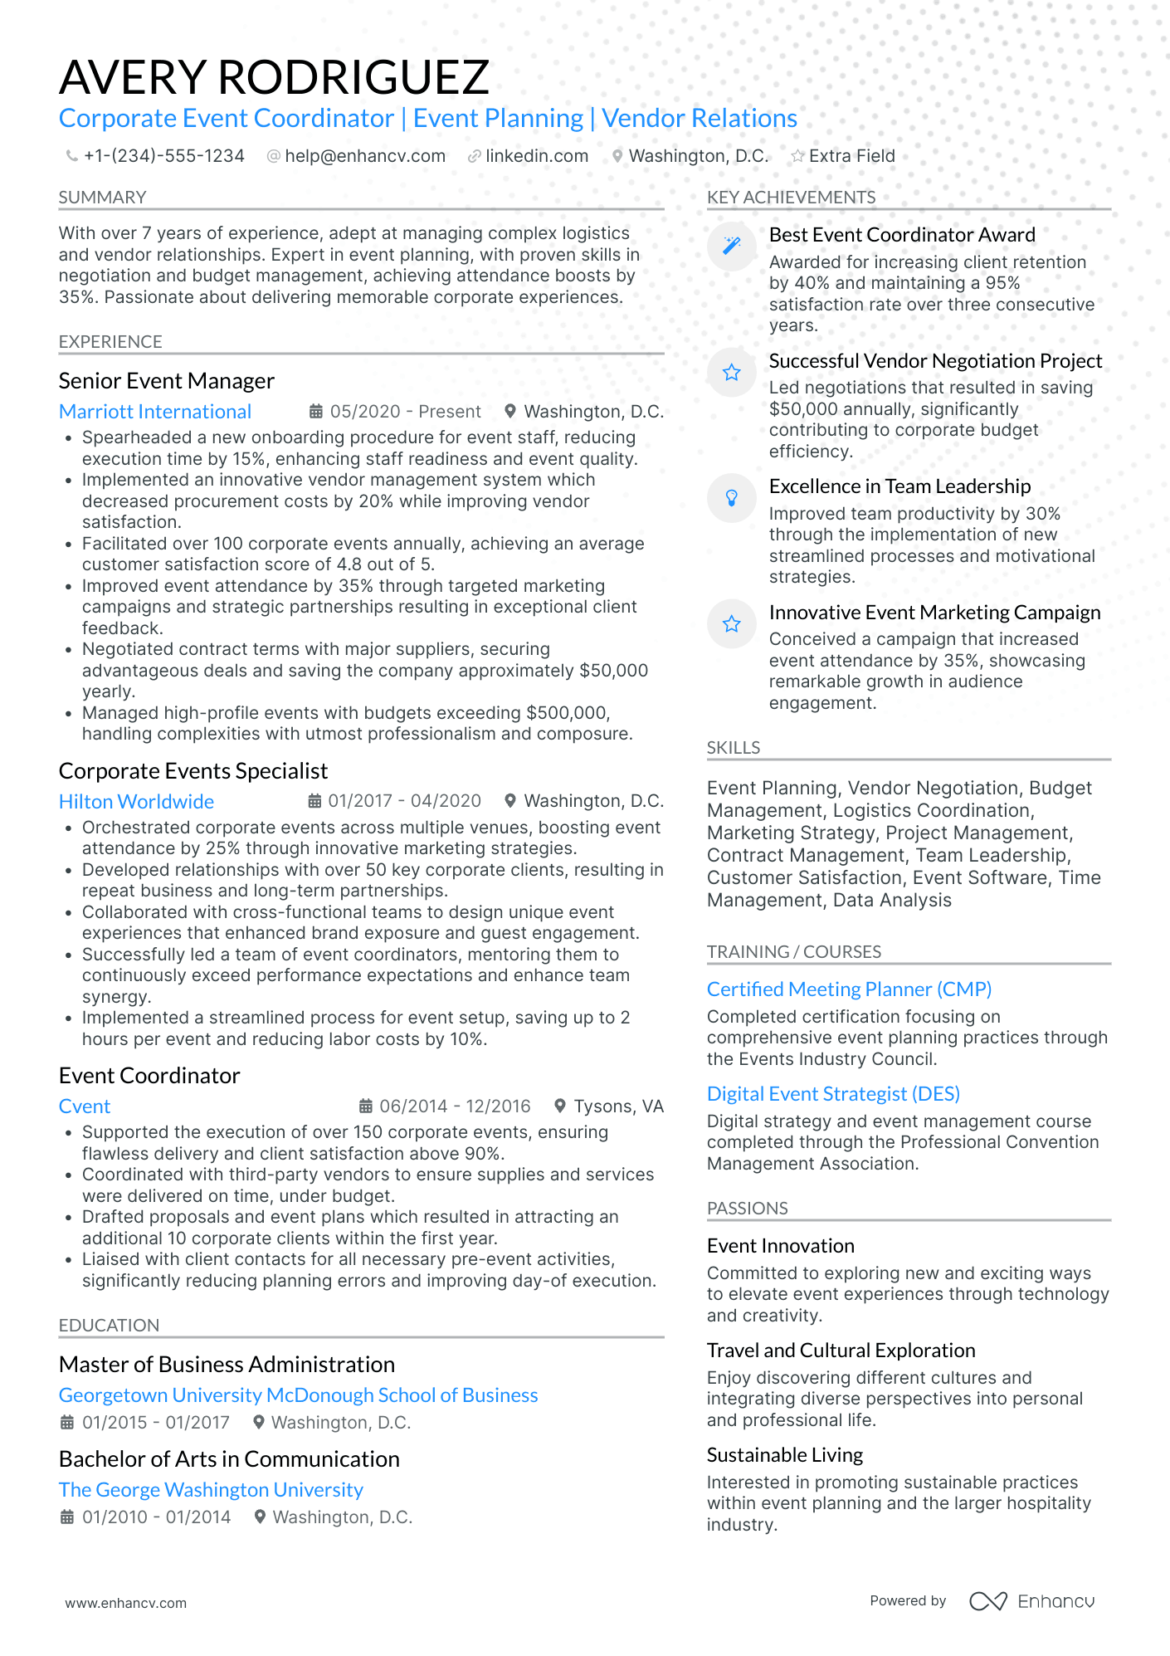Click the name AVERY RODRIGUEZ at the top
click(x=274, y=77)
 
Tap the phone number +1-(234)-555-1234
click(x=163, y=156)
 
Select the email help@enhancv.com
click(x=364, y=156)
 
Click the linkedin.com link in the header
click(x=536, y=156)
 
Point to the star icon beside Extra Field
click(x=797, y=156)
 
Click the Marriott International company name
click(x=155, y=412)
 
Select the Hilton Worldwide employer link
click(x=136, y=802)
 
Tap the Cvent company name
click(x=85, y=1106)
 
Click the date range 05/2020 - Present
click(x=405, y=412)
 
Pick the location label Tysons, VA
click(x=618, y=1106)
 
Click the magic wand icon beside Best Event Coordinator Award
click(x=731, y=246)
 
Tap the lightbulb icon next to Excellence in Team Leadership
click(x=731, y=498)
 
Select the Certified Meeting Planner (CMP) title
click(x=849, y=989)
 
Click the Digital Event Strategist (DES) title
click(x=833, y=1094)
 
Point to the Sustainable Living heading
click(x=785, y=1455)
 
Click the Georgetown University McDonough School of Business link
click(x=298, y=1395)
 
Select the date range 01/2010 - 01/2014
click(x=156, y=1517)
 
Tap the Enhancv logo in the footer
click(x=1032, y=1601)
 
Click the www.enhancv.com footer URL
click(x=126, y=1603)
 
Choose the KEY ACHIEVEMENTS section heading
click(x=791, y=198)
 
